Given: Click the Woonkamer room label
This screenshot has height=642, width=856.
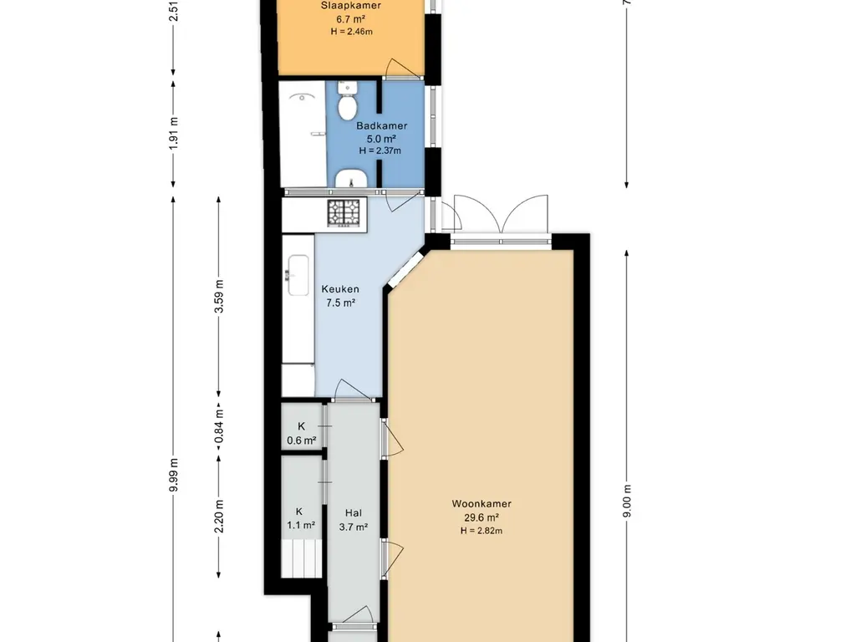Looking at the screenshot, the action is tap(481, 504).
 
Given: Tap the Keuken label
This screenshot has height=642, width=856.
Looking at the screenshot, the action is tap(340, 289).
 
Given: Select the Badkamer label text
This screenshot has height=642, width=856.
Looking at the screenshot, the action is tap(381, 125).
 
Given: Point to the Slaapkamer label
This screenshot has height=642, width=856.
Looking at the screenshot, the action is tap(351, 6).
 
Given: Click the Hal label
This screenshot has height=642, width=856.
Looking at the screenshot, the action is tap(354, 512).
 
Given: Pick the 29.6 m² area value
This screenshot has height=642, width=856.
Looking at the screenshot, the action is tap(481, 517).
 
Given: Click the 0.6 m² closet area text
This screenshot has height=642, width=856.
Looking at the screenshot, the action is tap(301, 440).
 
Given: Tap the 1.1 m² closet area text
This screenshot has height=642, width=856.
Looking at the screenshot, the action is tap(301, 525).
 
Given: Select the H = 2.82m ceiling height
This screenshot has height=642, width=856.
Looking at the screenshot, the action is tap(481, 530).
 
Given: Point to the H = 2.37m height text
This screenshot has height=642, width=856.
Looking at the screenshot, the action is tap(380, 150).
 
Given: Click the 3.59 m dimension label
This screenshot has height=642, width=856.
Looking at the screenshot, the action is tap(219, 296).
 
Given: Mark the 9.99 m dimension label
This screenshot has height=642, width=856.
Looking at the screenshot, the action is tap(174, 475).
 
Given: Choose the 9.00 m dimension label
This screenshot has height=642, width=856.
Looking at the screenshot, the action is tap(627, 502).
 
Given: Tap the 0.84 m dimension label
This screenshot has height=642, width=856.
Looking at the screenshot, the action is tap(219, 425).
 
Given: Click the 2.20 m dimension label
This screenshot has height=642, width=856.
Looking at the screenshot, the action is tap(219, 517).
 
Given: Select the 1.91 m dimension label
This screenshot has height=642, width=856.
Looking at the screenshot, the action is tap(174, 133).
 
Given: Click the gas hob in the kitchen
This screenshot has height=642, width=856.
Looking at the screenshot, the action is tap(344, 213).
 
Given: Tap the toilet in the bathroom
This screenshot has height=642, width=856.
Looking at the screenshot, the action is tap(347, 100).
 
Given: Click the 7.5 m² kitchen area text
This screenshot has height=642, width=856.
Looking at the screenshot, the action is tap(341, 303).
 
